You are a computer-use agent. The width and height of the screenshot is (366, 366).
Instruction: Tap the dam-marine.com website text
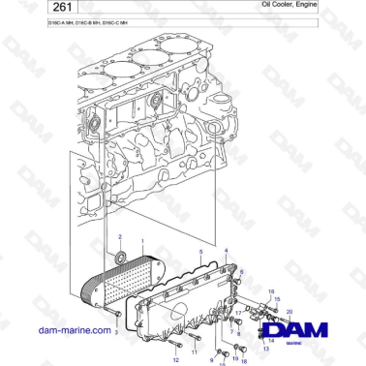58,330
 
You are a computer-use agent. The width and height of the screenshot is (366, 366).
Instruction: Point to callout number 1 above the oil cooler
141,241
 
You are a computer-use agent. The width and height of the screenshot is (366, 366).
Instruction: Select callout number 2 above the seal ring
120,237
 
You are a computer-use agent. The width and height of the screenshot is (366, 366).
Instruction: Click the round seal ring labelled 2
120,258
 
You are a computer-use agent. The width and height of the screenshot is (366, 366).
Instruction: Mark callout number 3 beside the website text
116,331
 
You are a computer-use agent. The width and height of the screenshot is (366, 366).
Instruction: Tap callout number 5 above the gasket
200,251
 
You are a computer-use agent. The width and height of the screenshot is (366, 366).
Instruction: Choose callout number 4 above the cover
226,250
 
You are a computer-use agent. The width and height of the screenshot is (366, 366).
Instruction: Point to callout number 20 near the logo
289,310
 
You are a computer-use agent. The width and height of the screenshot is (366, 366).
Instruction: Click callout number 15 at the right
273,290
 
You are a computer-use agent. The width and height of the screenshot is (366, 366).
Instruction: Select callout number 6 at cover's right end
242,271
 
